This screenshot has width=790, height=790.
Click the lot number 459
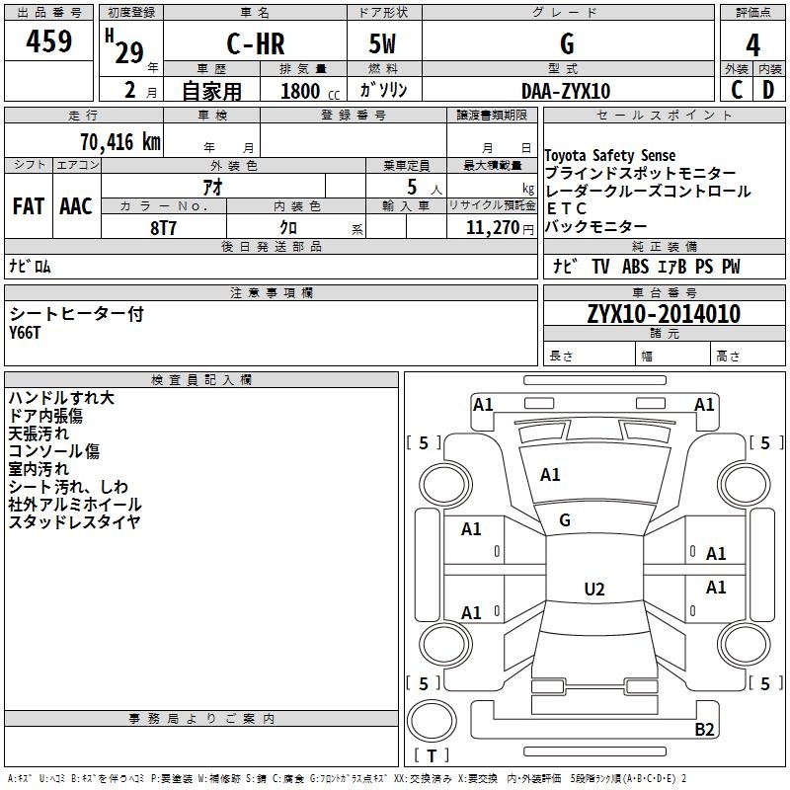pyautogui.click(x=48, y=40)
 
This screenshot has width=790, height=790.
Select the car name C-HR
pyautogui.click(x=256, y=43)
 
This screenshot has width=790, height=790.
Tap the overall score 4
pyautogui.click(x=752, y=45)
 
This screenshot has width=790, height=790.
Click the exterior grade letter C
pyautogui.click(x=737, y=90)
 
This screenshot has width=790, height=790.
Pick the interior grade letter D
pyautogui.click(x=768, y=90)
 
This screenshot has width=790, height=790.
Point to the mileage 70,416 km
pyautogui.click(x=120, y=141)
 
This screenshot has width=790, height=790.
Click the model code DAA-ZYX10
pyautogui.click(x=566, y=91)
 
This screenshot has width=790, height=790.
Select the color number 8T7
pyautogui.click(x=163, y=228)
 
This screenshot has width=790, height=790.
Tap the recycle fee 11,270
pyautogui.click(x=493, y=228)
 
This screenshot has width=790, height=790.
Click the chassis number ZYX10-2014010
pyautogui.click(x=664, y=314)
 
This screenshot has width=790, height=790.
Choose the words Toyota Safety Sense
pyautogui.click(x=610, y=155)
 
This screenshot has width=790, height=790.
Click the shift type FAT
pyautogui.click(x=29, y=206)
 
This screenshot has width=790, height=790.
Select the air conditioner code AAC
pyautogui.click(x=76, y=206)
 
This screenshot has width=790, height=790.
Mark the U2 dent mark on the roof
pyautogui.click(x=594, y=589)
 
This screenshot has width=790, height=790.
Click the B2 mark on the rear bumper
pyautogui.click(x=704, y=729)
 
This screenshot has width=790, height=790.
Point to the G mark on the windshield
pyautogui.click(x=565, y=520)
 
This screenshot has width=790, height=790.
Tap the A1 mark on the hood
pyautogui.click(x=550, y=475)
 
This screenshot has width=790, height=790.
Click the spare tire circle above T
pyautogui.click(x=432, y=721)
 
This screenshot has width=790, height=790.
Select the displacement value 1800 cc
pyautogui.click(x=310, y=92)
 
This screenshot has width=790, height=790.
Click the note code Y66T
pyautogui.click(x=24, y=333)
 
